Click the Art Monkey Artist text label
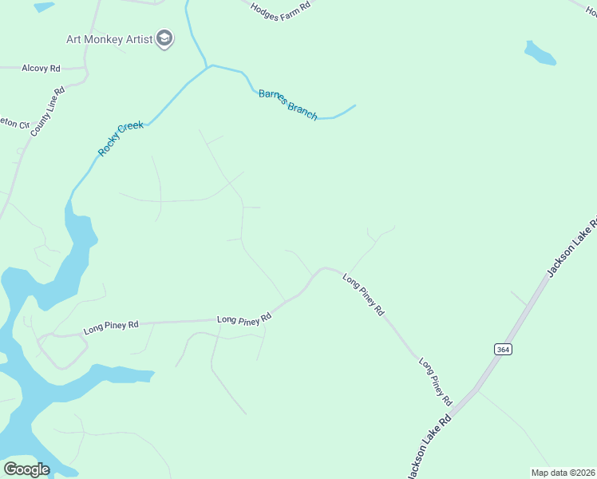point(109,38)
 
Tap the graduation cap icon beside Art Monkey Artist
point(164,38)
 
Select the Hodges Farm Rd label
point(279,11)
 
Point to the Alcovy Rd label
point(42,69)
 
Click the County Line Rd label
point(47,111)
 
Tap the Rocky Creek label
point(121,138)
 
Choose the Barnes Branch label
point(287,105)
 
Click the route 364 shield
point(502,350)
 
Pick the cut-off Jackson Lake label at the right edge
point(571,247)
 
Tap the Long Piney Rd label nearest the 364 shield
point(436,382)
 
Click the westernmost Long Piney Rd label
point(111,326)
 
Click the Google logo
point(26,469)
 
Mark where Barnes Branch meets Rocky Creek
point(209,65)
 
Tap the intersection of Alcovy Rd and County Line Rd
point(85,70)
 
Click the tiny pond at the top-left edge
point(44,6)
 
